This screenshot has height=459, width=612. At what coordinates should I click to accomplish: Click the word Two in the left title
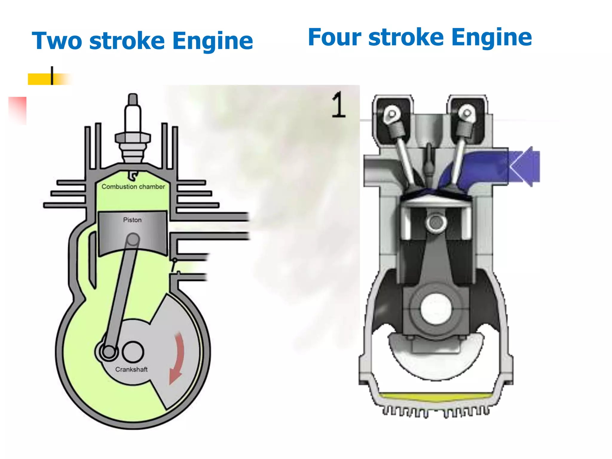[x=57, y=41]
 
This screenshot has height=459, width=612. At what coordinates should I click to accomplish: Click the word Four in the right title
[x=334, y=37]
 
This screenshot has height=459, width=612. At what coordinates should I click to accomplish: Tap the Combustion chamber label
[x=133, y=187]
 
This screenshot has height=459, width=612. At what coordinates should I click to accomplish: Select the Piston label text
[x=132, y=220]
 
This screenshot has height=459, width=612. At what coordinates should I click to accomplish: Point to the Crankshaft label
[x=131, y=370]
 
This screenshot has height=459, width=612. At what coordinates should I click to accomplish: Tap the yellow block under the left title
[x=40, y=79]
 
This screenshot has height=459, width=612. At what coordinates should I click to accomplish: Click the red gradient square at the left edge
[x=18, y=109]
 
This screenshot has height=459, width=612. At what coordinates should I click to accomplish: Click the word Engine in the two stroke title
[x=213, y=41]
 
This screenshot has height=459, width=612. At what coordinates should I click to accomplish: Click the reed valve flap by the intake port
[x=173, y=266]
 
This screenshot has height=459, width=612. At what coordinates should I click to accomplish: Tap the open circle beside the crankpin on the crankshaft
[x=133, y=352]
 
